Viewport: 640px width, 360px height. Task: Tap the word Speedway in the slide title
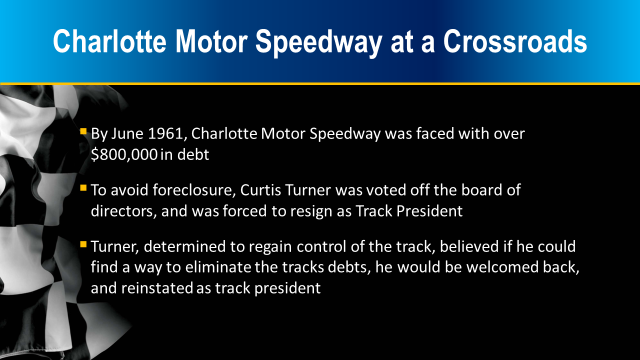pyautogui.click(x=318, y=43)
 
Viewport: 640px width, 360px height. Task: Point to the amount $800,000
pyautogui.click(x=124, y=154)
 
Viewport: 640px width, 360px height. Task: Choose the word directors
pyautogui.click(x=123, y=211)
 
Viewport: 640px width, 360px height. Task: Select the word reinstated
pyautogui.click(x=157, y=288)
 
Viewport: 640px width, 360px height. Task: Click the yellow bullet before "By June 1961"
pyautogui.click(x=83, y=131)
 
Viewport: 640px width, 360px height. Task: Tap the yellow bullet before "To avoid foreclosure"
pyautogui.click(x=83, y=188)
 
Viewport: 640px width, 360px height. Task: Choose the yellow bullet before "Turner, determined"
pyautogui.click(x=83, y=244)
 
